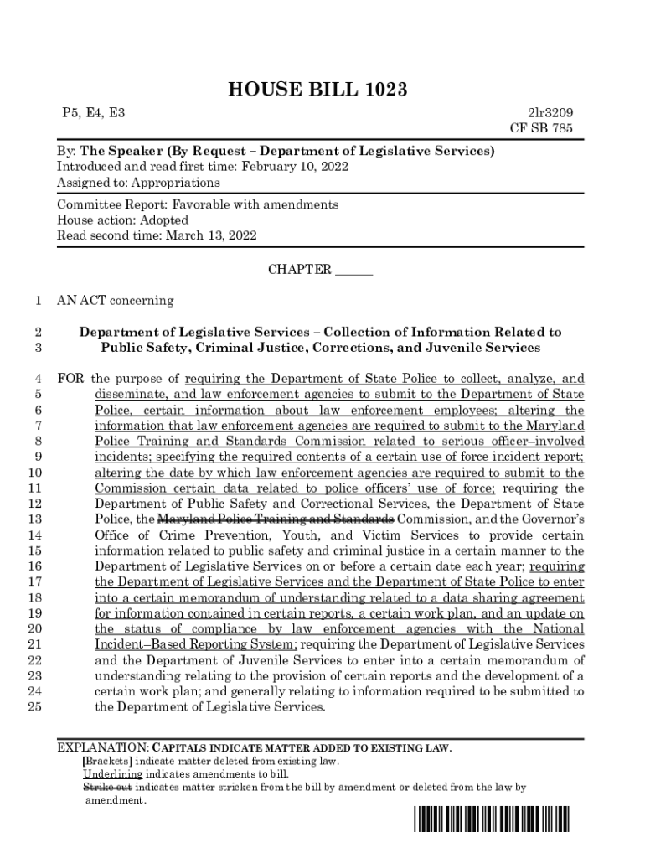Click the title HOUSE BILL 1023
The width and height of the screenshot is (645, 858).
click(x=322, y=90)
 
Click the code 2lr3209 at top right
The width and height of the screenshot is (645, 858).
click(x=550, y=112)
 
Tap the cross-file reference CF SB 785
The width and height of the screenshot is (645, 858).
click(x=542, y=128)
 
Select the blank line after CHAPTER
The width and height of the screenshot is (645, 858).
click(x=353, y=271)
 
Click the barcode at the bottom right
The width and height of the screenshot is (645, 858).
click(x=490, y=817)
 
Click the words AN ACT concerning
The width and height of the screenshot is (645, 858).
click(x=115, y=300)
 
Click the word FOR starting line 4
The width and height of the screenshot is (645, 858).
click(x=70, y=379)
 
